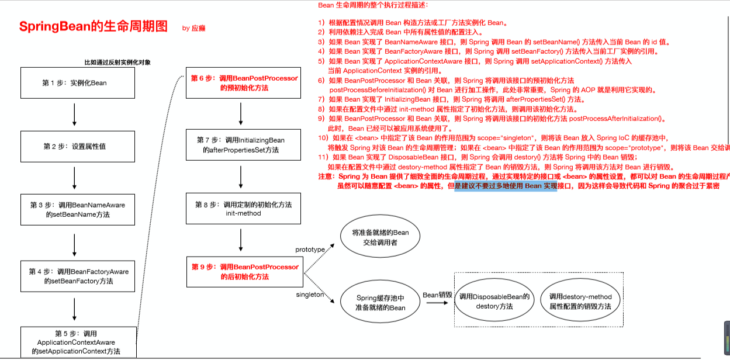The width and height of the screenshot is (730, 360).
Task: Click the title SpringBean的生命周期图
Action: [x=94, y=27]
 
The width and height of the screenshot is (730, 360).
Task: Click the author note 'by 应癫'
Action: [x=193, y=28]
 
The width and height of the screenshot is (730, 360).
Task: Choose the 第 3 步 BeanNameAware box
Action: [x=78, y=210]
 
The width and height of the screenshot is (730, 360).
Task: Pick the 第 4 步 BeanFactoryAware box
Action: [x=78, y=276]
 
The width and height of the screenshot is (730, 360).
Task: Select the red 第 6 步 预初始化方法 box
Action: [x=244, y=83]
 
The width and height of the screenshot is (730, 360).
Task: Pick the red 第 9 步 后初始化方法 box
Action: [x=244, y=272]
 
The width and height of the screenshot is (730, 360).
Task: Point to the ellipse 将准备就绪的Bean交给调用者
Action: [x=380, y=237]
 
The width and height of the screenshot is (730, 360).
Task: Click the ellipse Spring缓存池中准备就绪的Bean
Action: [x=380, y=303]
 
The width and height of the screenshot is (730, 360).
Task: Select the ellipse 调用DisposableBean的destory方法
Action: [x=494, y=302]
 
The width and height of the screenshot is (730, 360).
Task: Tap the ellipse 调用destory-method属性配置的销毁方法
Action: [x=580, y=302]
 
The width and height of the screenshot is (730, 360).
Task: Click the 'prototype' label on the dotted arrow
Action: [x=310, y=250]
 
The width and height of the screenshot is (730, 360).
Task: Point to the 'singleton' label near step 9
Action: [x=309, y=295]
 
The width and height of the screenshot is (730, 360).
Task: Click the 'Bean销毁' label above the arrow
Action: [x=438, y=295]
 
